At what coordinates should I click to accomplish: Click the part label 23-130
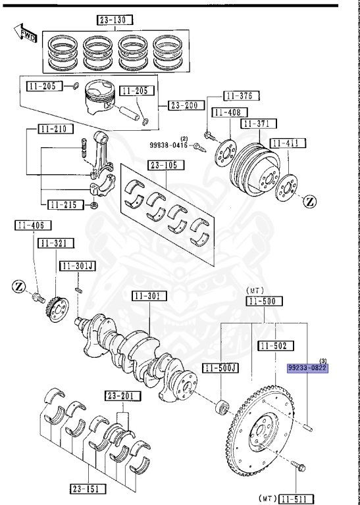pos(114,20)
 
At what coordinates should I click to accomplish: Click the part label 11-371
pos(259,124)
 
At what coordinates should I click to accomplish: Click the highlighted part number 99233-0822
pos(307,369)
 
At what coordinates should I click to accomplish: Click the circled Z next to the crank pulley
pos(310,202)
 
